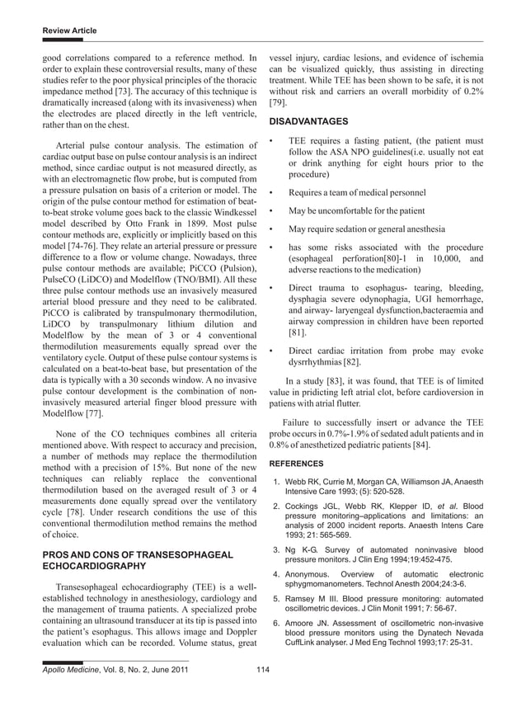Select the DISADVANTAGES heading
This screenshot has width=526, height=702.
[314, 120]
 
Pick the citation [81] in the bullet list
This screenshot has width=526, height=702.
[298, 333]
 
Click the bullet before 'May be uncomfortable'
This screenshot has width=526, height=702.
[272, 210]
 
